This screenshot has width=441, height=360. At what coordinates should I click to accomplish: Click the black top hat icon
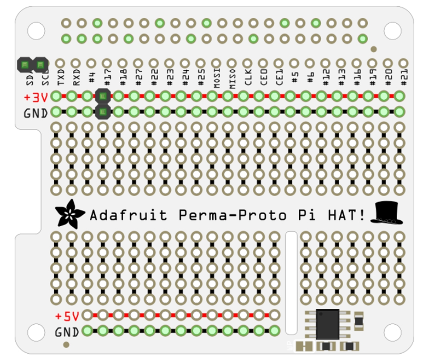386,213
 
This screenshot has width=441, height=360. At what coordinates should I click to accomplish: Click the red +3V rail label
36,97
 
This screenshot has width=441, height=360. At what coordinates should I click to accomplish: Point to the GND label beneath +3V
36,113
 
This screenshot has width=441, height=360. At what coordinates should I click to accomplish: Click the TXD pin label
61,78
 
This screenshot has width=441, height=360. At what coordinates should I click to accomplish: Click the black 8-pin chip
327,324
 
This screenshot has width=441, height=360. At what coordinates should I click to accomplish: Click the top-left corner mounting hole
36,31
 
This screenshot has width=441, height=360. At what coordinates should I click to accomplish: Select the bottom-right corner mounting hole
392,332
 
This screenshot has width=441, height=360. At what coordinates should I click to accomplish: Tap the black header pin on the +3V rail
102,96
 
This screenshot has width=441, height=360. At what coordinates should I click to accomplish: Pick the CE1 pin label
280,78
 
